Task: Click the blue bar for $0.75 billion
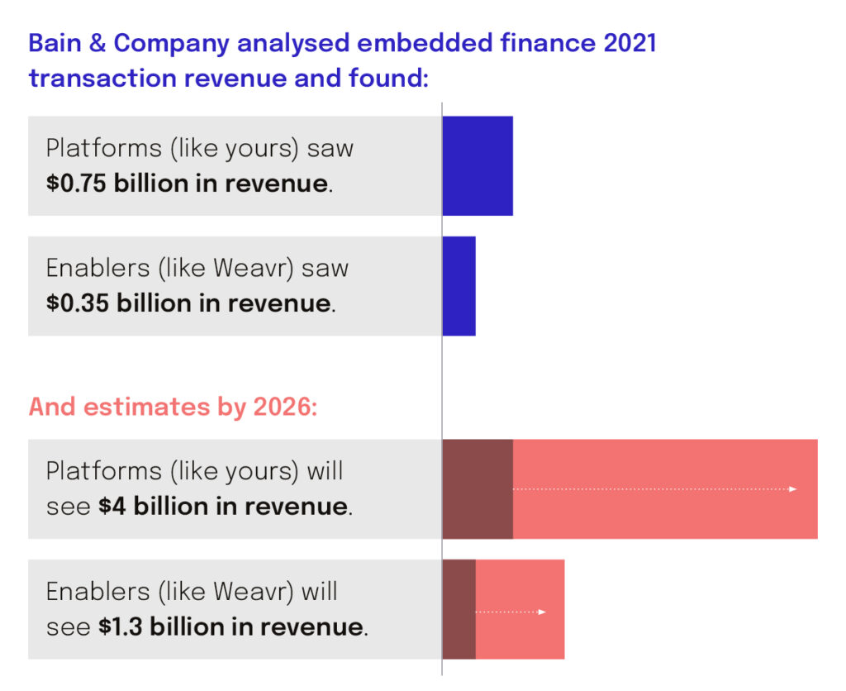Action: tap(478, 165)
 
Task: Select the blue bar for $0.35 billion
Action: tap(459, 286)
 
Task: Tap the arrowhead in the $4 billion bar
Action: tap(793, 489)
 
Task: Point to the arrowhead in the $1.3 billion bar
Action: tap(542, 612)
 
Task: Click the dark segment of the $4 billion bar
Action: tap(478, 489)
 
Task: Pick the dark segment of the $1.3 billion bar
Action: tap(459, 610)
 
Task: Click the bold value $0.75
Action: tap(77, 183)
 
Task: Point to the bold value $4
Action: tap(112, 506)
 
